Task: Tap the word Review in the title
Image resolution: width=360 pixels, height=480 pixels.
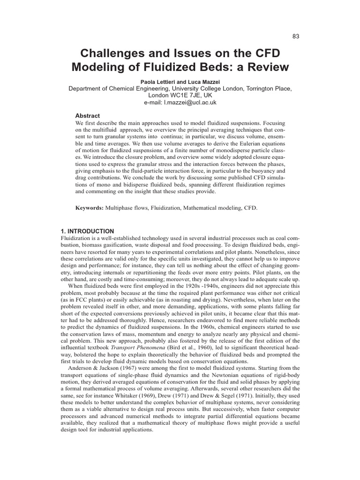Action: click(265, 67)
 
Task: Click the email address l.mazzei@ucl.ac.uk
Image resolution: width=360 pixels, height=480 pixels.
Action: click(193, 102)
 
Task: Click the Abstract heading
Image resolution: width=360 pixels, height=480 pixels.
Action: click(88, 116)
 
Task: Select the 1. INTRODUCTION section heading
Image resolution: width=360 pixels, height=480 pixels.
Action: click(88, 231)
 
